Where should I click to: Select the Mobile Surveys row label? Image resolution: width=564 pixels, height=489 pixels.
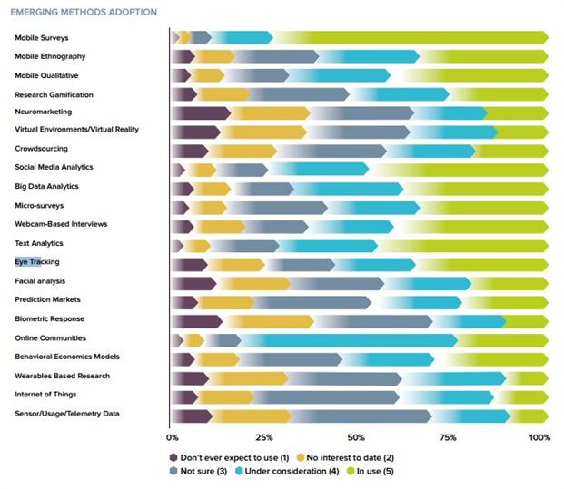coord(42,38)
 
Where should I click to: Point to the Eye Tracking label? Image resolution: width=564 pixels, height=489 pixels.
coord(37,262)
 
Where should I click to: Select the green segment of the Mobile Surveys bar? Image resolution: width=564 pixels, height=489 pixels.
coord(409,37)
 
